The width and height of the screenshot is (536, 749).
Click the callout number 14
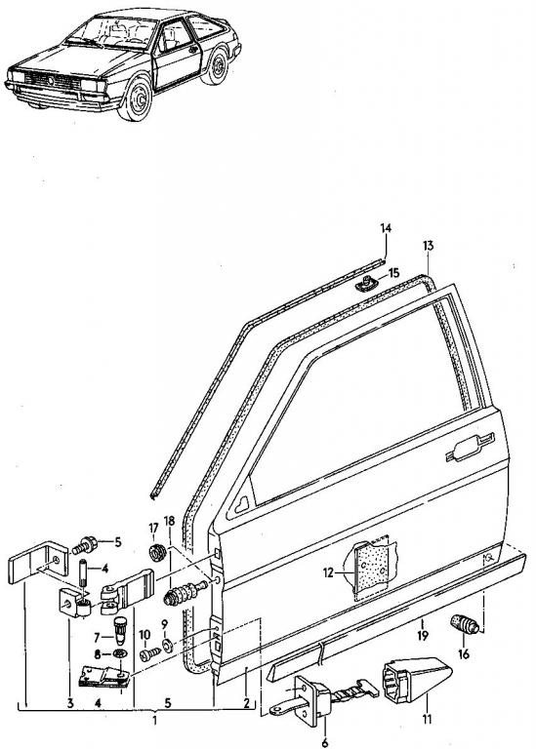[386, 228]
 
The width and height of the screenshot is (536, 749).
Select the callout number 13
[428, 246]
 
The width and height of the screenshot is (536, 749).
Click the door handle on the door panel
[470, 448]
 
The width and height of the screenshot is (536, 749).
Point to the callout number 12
[328, 572]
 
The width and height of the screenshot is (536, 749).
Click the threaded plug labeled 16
[466, 624]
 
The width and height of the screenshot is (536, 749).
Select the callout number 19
[423, 635]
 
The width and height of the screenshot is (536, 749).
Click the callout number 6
[325, 743]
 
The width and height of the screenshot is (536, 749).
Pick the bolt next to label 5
[85, 545]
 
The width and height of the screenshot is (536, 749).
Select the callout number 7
[96, 637]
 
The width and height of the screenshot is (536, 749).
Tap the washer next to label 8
[120, 653]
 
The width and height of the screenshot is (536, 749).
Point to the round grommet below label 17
[157, 552]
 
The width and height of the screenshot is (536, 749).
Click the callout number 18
[169, 520]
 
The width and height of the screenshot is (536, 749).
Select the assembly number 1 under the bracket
[154, 720]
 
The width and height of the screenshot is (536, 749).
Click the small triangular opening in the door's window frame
[242, 504]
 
